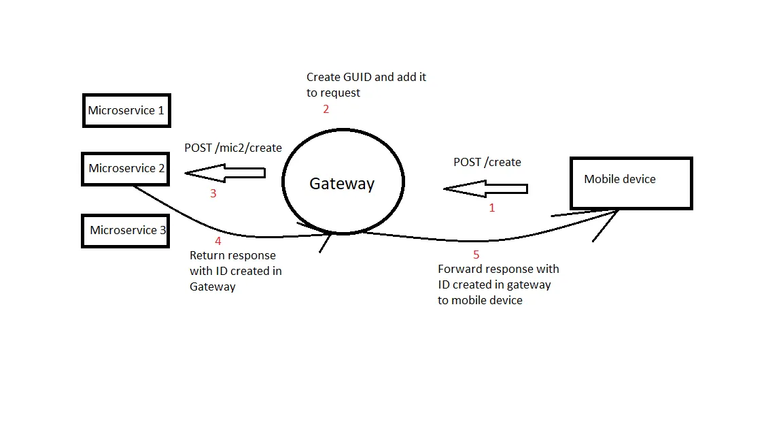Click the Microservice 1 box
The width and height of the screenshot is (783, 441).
coord(126,110)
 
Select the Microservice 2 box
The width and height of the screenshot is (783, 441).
coord(126,169)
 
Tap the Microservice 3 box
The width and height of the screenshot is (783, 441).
coord(126,231)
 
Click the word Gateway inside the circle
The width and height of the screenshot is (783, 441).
coord(342,184)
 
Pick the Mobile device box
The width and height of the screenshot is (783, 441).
coord(631,183)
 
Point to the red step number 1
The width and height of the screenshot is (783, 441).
coord(492,208)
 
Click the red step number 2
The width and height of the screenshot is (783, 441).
coord(326,110)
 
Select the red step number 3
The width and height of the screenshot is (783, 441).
coord(213,194)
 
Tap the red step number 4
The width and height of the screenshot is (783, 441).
coord(218,241)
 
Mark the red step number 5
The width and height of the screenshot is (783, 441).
coord(476,255)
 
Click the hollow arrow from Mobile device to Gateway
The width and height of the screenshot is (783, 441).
coord(485,189)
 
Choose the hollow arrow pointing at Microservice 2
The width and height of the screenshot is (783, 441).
coord(224,174)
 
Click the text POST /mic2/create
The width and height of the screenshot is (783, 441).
coord(233,148)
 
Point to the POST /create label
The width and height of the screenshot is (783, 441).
coord(487,162)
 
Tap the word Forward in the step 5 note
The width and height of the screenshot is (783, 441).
coord(459,269)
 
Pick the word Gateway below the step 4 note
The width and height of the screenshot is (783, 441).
coord(213,287)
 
